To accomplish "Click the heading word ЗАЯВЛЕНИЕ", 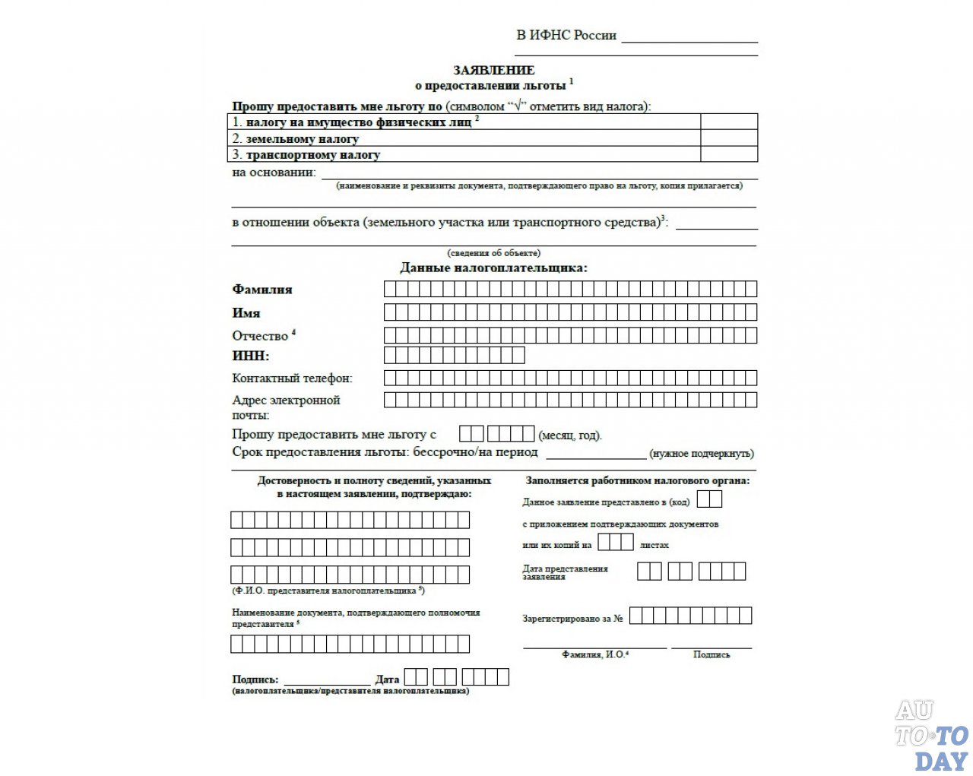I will (493, 71).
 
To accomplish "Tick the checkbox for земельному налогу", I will (729, 138).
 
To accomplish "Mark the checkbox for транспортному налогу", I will (729, 154).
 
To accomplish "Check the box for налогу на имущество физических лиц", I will (729, 122).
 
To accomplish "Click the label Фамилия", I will (262, 290).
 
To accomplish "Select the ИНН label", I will (251, 356).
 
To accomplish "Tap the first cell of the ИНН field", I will (390, 355).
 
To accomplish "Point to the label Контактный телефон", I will (292, 378).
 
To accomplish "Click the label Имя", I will (246, 313).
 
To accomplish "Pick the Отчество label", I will (260, 336).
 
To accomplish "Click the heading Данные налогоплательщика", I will (493, 268).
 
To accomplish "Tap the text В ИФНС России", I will (566, 35).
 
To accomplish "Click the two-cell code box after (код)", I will (709, 499).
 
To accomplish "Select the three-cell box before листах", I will (615, 542).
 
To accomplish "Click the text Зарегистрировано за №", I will (572, 619).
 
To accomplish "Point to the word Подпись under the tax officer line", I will (712, 654).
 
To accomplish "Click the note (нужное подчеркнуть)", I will (702, 454).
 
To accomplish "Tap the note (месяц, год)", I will (570, 436).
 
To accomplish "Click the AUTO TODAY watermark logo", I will (931, 735).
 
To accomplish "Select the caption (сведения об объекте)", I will (493, 253).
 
